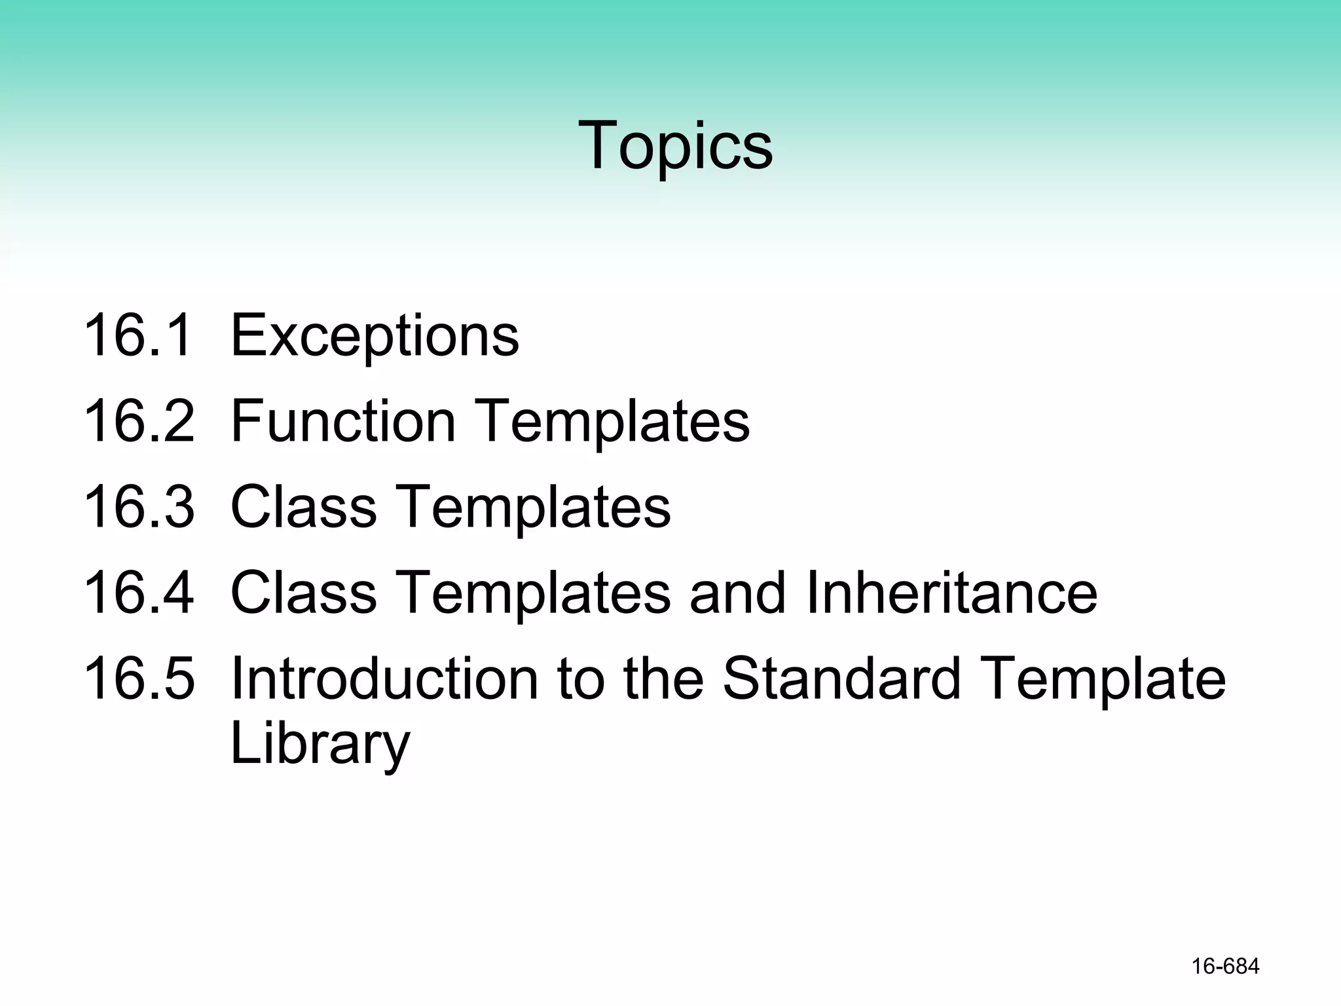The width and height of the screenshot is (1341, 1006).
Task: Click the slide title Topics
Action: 675,145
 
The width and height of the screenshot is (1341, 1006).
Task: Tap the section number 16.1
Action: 139,336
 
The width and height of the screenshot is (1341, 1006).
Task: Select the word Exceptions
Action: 375,336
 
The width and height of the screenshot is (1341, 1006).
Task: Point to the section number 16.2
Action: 139,422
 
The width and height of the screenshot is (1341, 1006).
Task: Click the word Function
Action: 343,422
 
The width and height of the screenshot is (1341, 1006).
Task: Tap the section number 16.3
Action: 139,508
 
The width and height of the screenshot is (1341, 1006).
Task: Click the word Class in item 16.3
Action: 304,508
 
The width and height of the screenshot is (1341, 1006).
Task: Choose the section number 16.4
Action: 139,593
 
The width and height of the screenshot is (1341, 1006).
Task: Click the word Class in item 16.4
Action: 304,593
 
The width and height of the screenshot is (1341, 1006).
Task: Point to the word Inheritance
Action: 951,593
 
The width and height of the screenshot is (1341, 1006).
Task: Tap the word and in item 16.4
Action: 737,593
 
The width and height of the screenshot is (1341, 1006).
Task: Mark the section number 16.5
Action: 139,679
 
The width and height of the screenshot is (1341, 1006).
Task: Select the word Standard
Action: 842,679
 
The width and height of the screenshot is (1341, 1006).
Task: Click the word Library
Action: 320,745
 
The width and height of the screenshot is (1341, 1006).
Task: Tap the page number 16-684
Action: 1225,967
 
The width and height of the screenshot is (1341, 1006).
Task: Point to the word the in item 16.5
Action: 665,679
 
